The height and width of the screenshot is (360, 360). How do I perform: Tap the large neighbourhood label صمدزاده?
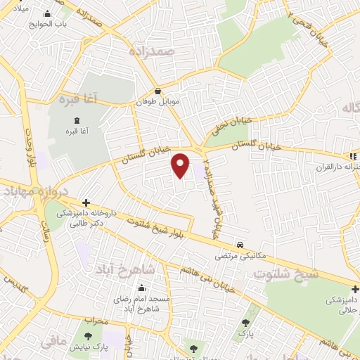(151, 51)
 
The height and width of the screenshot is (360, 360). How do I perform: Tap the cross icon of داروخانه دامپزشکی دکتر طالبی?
(86, 202)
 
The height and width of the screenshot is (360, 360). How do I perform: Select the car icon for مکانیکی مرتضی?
(241, 245)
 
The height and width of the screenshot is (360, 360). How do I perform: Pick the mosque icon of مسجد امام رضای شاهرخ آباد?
(143, 288)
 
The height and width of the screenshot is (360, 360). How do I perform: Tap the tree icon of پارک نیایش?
(88, 337)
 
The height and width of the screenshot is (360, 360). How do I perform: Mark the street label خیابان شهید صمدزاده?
(210, 191)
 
